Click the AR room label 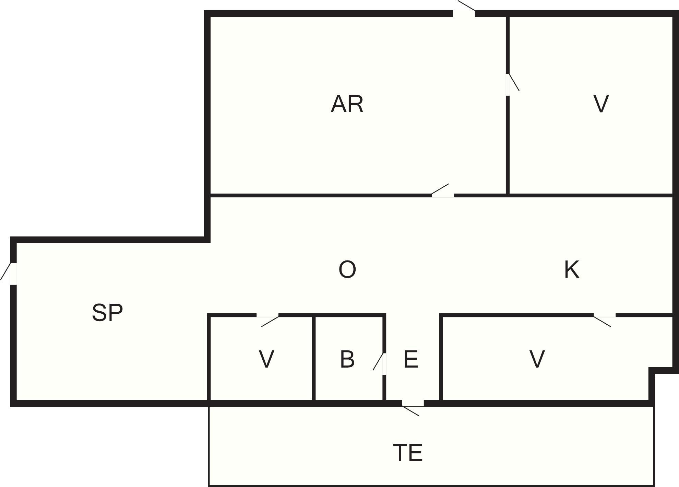point(347,104)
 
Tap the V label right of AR point(601,104)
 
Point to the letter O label point(347,269)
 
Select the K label point(572,269)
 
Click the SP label point(107,313)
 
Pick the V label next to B point(266,359)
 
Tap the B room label point(347,359)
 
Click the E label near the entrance point(411,359)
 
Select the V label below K point(537,359)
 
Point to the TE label point(408,453)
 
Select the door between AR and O point(443,191)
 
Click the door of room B point(380,364)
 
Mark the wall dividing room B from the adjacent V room point(313,358)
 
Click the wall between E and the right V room point(441,358)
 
